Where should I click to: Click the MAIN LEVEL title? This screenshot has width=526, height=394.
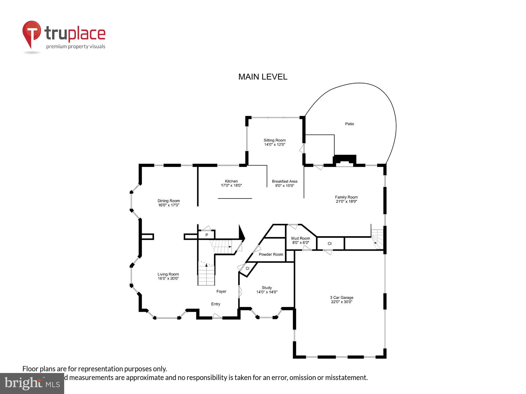263,77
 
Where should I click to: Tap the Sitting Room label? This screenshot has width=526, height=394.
275,140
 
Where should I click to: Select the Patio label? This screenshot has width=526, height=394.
349,124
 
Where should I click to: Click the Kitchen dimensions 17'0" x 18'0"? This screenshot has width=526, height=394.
231,185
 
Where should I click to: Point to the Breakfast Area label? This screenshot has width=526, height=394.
285,181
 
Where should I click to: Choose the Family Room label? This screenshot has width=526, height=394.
346,197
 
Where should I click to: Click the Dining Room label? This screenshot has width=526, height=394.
169,201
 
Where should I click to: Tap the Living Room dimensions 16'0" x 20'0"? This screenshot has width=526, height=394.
168,278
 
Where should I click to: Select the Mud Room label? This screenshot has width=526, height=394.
301,238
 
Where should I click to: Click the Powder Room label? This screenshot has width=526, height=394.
271,254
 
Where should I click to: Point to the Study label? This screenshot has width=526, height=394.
267,288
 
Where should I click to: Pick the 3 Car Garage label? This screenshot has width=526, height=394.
342,297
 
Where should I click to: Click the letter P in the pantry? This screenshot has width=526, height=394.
207,235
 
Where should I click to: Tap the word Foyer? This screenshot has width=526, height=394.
221,291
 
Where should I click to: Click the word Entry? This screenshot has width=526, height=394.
215,304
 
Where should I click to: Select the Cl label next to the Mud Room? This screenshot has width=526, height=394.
330,243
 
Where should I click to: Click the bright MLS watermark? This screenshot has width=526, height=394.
32,383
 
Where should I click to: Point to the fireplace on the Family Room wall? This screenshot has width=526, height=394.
345,160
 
